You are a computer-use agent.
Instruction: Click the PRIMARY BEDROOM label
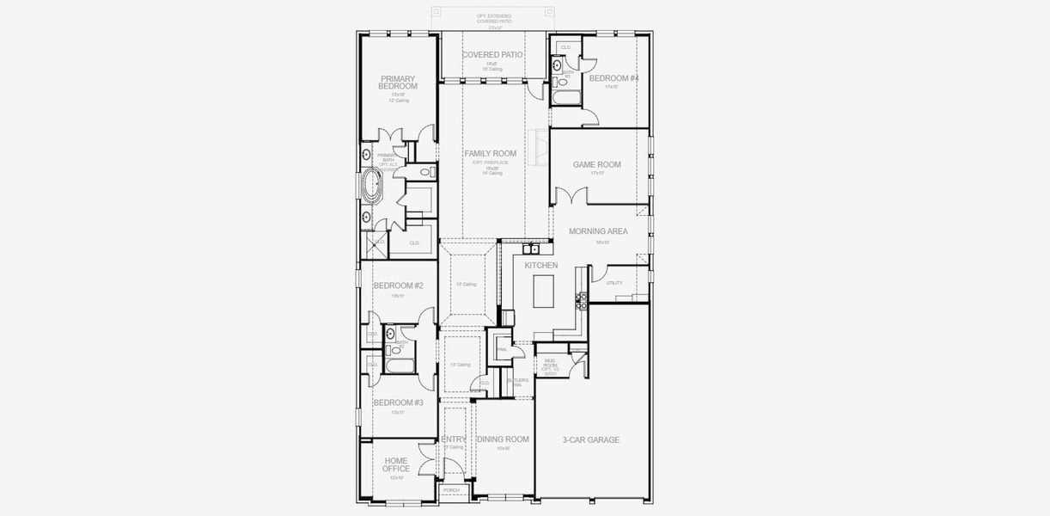point(398,83)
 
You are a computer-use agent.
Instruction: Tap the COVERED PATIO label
point(492,55)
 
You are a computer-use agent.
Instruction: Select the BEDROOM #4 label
point(613,78)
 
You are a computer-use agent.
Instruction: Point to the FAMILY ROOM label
point(491,153)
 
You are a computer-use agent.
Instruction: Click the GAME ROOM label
point(596,164)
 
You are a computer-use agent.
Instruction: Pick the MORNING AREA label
point(598,231)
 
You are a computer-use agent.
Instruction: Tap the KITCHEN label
point(542,266)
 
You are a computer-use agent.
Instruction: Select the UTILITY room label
point(614,282)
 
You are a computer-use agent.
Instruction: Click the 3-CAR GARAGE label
point(590,439)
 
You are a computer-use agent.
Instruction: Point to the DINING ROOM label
point(503,439)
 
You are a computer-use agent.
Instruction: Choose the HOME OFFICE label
point(396,464)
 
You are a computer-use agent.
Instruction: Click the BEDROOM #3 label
point(398,402)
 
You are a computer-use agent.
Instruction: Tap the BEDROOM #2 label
point(398,286)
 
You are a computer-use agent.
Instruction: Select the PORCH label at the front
point(451,490)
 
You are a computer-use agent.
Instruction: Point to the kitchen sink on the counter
point(534,249)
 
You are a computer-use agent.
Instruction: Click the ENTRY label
point(454,439)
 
